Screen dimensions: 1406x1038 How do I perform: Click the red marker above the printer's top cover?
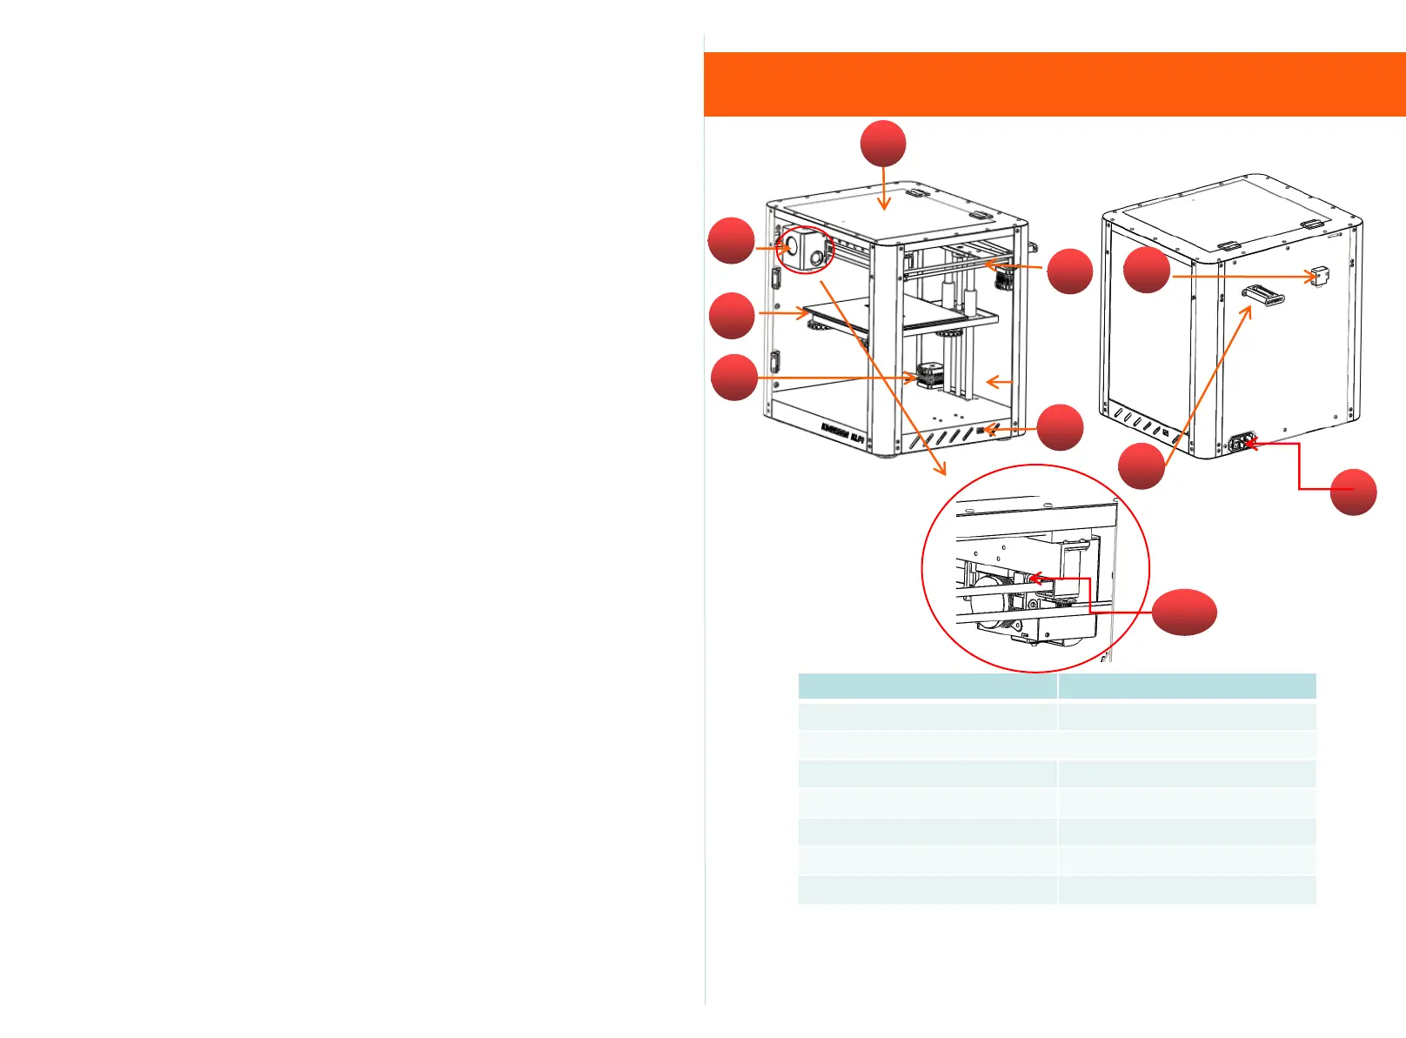(883, 144)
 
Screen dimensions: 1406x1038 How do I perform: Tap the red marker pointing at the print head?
(731, 241)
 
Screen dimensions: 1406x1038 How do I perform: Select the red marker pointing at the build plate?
(732, 315)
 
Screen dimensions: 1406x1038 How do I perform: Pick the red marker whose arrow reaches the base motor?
(734, 378)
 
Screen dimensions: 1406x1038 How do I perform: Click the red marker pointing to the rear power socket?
(1353, 492)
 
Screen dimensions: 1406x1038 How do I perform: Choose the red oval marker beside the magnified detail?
(1184, 612)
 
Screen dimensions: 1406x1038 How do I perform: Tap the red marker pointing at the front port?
(1060, 427)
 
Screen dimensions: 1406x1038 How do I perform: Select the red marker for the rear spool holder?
(1141, 466)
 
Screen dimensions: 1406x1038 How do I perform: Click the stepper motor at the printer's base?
(927, 377)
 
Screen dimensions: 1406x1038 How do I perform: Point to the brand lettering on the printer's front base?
(842, 429)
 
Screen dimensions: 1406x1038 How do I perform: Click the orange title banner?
(1054, 84)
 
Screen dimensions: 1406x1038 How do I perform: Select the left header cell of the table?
(927, 686)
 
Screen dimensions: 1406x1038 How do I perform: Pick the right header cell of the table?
(1187, 686)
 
